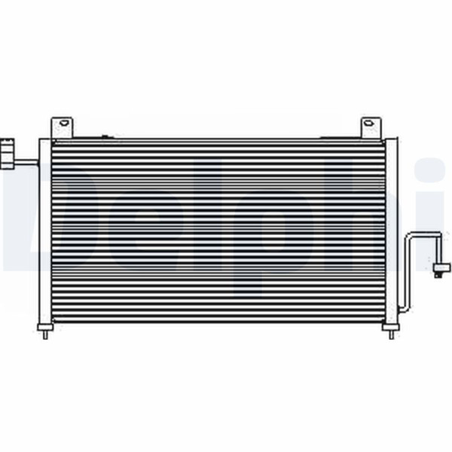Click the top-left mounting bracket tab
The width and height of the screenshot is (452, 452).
tap(62, 127)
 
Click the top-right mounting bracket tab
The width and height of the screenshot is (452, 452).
tap(371, 128)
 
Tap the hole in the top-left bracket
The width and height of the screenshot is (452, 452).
tap(64, 123)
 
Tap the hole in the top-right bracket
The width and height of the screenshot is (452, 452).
tap(368, 123)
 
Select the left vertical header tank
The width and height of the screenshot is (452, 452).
tap(45, 231)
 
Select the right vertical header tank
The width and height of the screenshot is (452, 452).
tap(391, 231)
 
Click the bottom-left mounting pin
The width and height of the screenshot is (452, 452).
tap(45, 334)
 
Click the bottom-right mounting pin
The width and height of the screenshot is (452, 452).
tap(391, 334)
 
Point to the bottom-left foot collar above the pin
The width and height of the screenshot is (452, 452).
tap(45, 327)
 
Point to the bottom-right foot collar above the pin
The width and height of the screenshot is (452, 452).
tap(391, 327)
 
